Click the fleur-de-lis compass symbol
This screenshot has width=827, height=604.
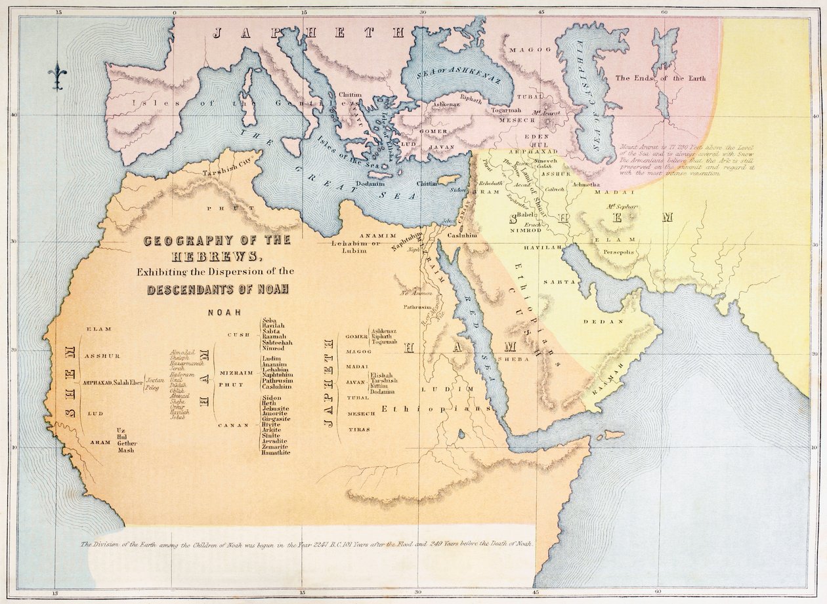(57, 76)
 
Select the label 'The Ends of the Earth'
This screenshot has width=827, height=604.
(660, 79)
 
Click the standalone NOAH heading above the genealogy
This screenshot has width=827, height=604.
(224, 312)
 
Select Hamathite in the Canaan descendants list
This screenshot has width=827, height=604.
(276, 453)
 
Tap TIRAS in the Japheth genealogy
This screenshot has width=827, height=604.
(358, 430)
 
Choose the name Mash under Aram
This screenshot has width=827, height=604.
(125, 451)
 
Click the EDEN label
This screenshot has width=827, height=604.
(537, 136)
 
